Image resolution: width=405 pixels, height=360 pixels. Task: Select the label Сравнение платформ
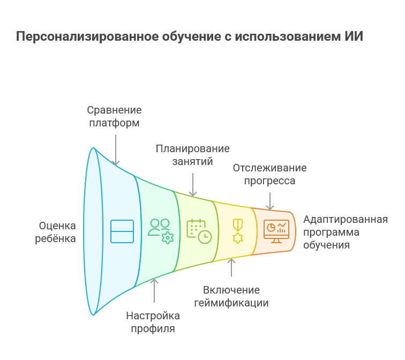click(115, 116)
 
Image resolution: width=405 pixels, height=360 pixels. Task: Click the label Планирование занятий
click(192, 155)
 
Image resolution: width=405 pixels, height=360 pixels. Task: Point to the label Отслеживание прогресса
click(269, 174)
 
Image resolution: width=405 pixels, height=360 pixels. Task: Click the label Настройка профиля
click(153, 322)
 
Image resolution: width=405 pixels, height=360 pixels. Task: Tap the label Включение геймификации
click(231, 296)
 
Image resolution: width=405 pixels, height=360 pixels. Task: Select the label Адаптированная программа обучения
click(345, 232)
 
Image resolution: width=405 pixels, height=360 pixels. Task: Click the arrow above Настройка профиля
click(154, 291)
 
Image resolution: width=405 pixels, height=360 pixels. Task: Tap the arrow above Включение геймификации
click(231, 267)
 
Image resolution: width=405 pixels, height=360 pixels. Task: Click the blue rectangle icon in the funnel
click(122, 231)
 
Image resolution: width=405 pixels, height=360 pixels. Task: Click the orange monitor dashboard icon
click(276, 231)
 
